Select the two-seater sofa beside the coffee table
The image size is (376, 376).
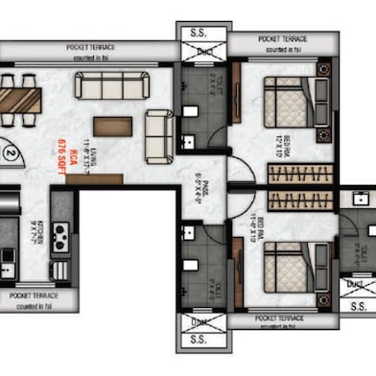click(158, 127)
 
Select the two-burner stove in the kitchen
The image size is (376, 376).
click(60, 237)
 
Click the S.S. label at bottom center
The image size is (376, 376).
click(203, 341)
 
